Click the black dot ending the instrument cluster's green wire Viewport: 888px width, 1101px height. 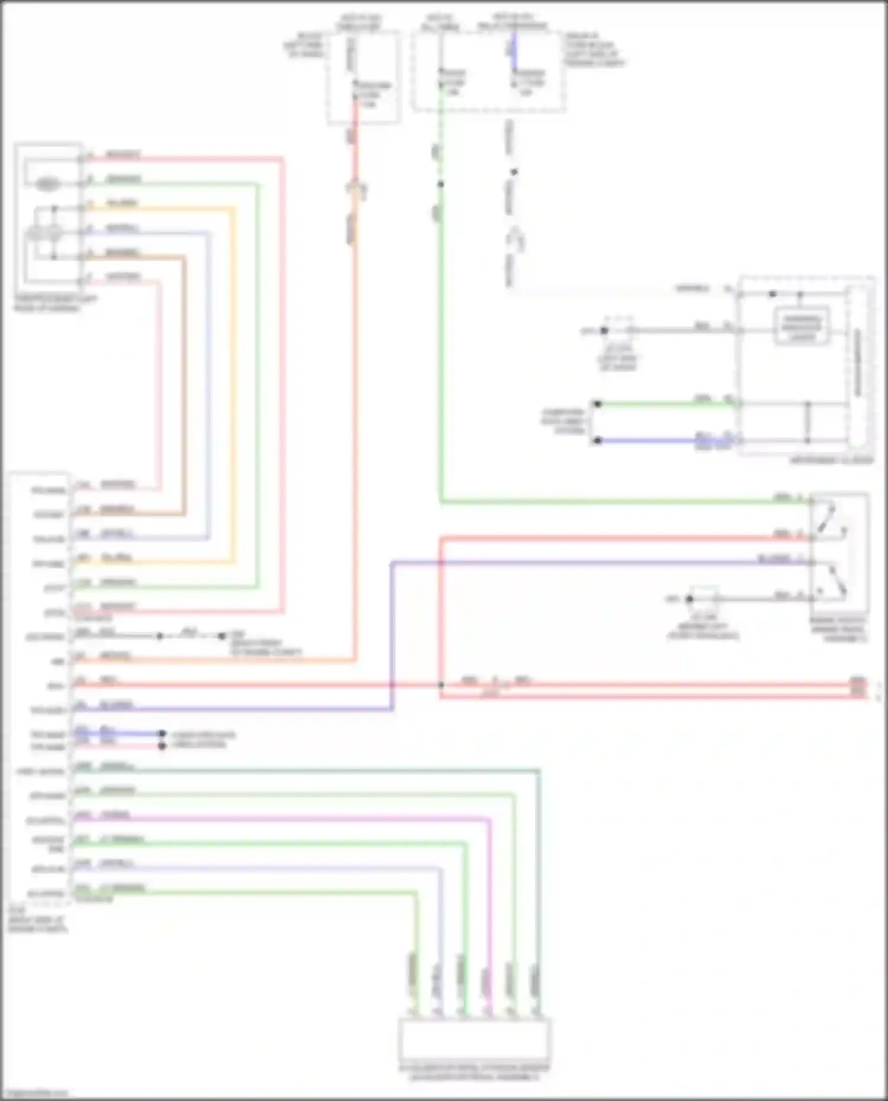click(598, 404)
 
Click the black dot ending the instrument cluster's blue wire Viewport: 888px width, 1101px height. click(598, 441)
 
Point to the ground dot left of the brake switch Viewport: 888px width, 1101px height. click(689, 599)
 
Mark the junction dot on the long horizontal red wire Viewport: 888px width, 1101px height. click(441, 685)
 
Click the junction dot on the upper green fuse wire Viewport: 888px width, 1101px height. click(440, 184)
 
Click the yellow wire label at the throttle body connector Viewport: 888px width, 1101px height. click(121, 204)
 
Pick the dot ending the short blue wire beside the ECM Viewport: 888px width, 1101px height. click(162, 734)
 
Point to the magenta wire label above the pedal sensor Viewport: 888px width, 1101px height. click(486, 982)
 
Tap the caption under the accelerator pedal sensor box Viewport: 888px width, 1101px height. click(475, 1073)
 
